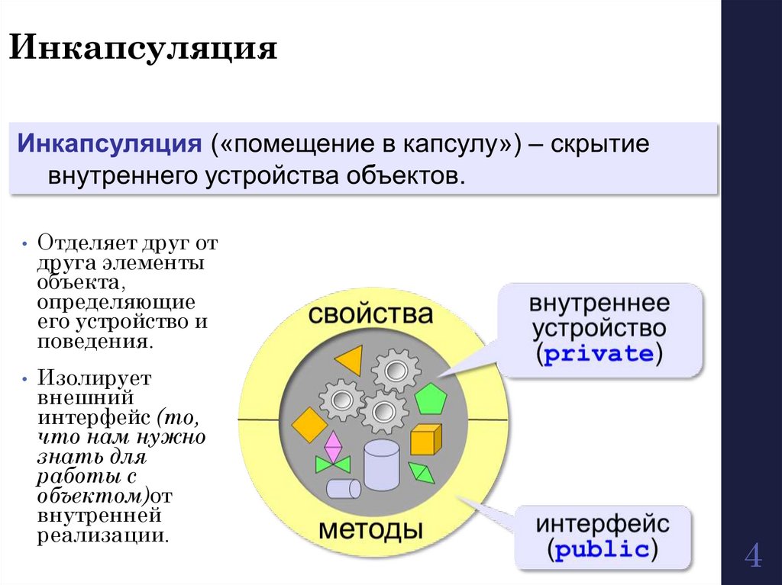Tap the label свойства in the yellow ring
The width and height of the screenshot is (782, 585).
pos(370,314)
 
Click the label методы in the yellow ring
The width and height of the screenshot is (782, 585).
pos(370,529)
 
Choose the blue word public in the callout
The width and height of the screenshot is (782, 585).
pos(603,550)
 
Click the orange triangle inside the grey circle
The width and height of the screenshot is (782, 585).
pos(351,359)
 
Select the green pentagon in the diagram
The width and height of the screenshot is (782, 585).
pos(430,399)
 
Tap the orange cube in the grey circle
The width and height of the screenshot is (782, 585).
pos(425,439)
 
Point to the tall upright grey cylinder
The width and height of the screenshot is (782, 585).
pos(381,464)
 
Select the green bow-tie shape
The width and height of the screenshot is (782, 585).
pos(333,464)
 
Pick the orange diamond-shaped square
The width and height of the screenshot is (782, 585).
pos(309,424)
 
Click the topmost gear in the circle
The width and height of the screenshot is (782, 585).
pos(396,371)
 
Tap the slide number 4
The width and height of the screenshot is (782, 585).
pos(752,556)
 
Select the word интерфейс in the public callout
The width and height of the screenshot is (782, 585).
pos(603,525)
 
